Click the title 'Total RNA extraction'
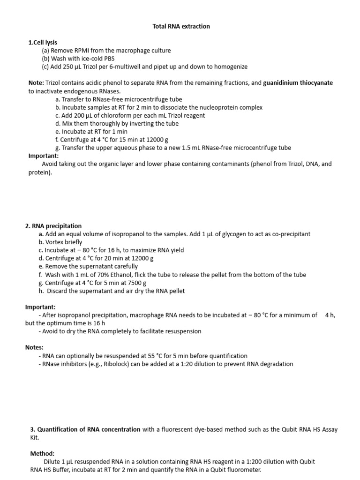tap(181, 26)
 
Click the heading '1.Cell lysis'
tap(43, 43)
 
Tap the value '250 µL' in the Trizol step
tap(72, 67)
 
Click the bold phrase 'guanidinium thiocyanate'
tap(298, 83)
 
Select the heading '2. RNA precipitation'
tap(53, 226)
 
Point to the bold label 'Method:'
tap(42, 454)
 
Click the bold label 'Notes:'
tap(34, 347)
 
